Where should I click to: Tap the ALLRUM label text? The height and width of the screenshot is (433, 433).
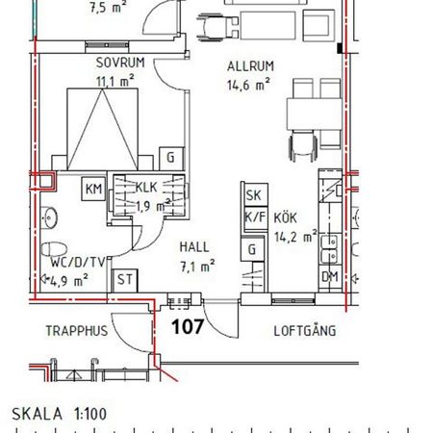pos(249,66)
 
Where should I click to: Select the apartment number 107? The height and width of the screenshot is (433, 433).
pos(187,326)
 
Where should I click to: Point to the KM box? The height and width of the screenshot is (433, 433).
pos(93,188)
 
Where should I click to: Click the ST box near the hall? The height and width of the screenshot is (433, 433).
pos(124,281)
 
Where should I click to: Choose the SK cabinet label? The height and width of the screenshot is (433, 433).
pos(254,196)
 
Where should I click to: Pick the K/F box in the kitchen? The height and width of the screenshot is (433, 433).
pos(254,217)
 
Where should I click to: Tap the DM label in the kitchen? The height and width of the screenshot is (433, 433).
pos(330,277)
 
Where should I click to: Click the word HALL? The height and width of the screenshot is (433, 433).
pos(193,247)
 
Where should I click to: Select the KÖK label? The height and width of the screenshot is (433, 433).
pos(285,217)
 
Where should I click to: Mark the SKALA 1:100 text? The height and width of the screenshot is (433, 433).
pos(60,415)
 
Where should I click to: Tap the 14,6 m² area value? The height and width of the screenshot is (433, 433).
pos(248,84)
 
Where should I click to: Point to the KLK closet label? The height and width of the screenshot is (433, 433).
pos(146,188)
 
